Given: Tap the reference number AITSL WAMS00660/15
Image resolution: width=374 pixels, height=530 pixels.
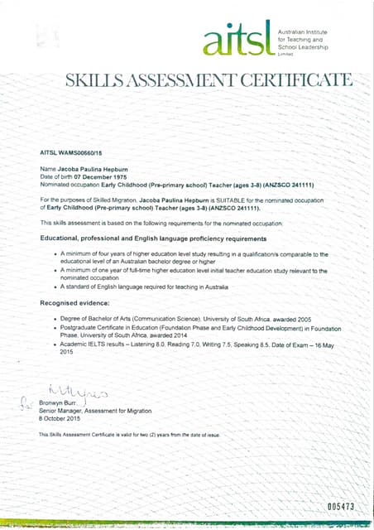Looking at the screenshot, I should pos(72,153).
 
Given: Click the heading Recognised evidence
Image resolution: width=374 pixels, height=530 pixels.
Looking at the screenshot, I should pos(78,303).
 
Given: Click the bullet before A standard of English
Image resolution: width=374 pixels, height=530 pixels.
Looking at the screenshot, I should pos(55,287).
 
